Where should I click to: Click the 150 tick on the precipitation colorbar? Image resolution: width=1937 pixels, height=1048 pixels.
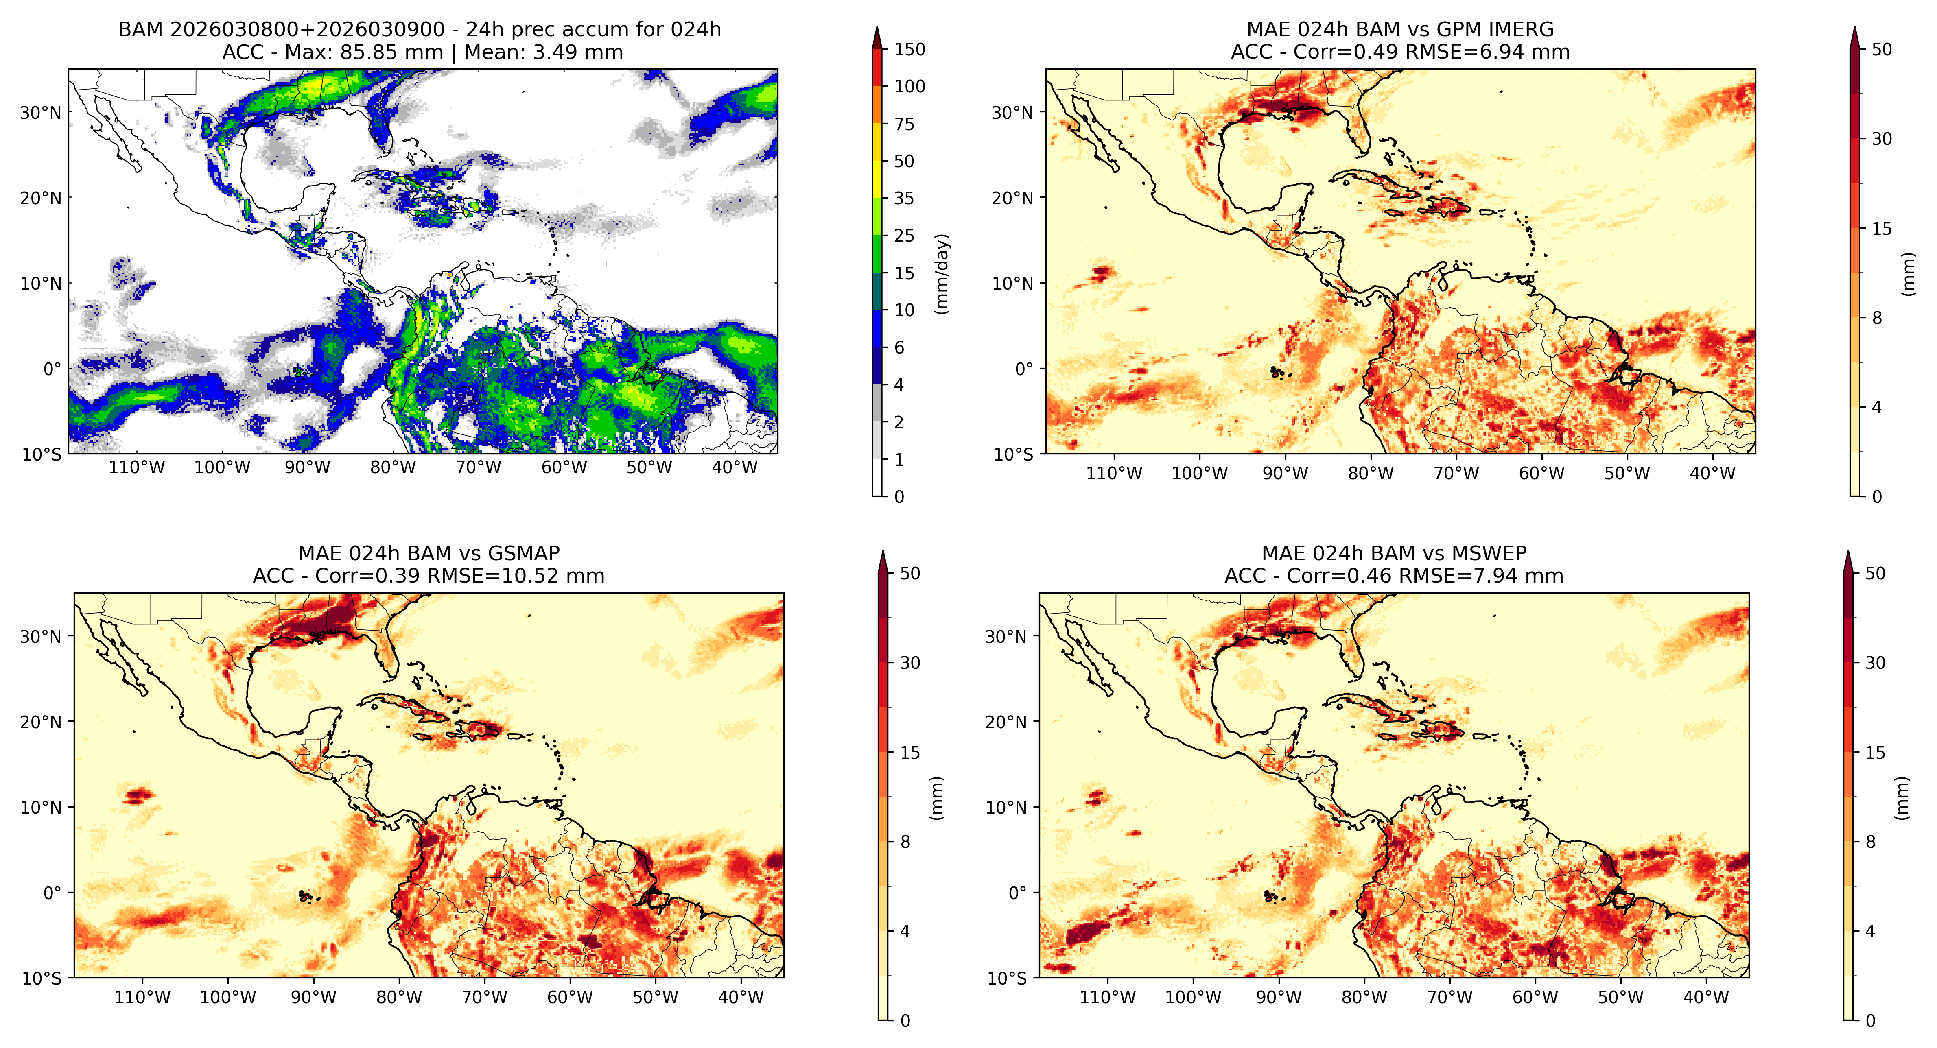[909, 50]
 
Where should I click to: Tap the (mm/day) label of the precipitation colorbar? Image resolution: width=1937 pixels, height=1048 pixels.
[941, 274]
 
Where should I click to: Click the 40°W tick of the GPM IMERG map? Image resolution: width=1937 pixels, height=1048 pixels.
[1713, 474]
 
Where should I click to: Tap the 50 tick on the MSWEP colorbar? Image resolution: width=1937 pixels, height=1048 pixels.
[1875, 574]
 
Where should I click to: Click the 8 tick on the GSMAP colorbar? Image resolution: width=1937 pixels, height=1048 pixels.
[905, 842]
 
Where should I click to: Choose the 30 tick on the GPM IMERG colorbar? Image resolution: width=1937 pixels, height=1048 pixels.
[1881, 139]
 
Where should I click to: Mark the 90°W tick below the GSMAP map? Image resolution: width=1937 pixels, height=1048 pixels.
[314, 998]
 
